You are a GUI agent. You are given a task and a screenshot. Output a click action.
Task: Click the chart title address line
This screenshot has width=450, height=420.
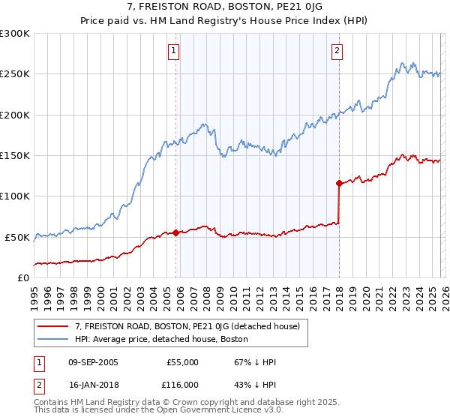224,7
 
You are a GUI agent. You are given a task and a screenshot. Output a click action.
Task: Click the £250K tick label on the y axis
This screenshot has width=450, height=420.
15,74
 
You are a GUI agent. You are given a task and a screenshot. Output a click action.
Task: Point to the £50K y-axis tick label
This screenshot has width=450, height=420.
18,237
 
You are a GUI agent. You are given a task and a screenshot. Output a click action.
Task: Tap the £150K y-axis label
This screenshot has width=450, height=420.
15,155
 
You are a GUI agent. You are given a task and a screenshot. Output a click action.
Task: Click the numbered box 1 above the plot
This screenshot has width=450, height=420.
174,51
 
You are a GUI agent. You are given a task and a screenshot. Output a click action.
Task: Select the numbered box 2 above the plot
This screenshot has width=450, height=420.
337,51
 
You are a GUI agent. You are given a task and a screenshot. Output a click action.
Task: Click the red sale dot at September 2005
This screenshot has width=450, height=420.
175,232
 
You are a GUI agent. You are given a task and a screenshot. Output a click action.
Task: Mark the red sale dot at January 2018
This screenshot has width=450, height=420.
339,183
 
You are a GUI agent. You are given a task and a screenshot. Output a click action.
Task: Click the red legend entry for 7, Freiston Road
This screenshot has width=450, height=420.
187,326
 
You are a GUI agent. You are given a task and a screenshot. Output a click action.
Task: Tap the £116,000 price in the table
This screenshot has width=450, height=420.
182,383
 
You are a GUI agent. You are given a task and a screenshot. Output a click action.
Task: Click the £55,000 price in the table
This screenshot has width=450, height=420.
182,362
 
